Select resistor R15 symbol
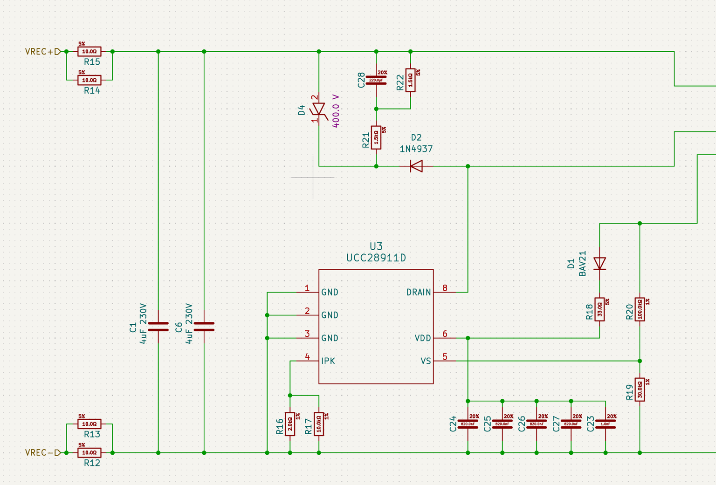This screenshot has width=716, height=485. [x=89, y=52]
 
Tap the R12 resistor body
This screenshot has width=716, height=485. [x=89, y=452]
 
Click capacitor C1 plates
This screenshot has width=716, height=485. [x=158, y=327]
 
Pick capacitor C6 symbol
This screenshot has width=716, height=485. [x=204, y=327]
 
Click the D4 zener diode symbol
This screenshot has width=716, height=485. [x=319, y=109]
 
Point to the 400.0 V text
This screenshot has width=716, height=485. [x=336, y=111]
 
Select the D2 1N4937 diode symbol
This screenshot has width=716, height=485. [x=416, y=166]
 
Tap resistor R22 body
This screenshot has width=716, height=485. [x=410, y=80]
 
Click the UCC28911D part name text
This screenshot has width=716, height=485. [x=376, y=258]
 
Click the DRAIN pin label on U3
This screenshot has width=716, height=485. [x=418, y=292]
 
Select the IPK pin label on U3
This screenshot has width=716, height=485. [x=328, y=361]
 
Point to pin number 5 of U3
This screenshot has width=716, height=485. [x=445, y=357]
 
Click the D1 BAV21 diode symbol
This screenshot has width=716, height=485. [x=599, y=264]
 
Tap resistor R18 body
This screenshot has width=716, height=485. [x=599, y=309]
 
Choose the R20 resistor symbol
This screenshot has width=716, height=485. [x=640, y=309]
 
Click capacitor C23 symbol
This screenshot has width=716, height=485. [x=606, y=424]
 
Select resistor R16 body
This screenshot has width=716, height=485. [x=290, y=424]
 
